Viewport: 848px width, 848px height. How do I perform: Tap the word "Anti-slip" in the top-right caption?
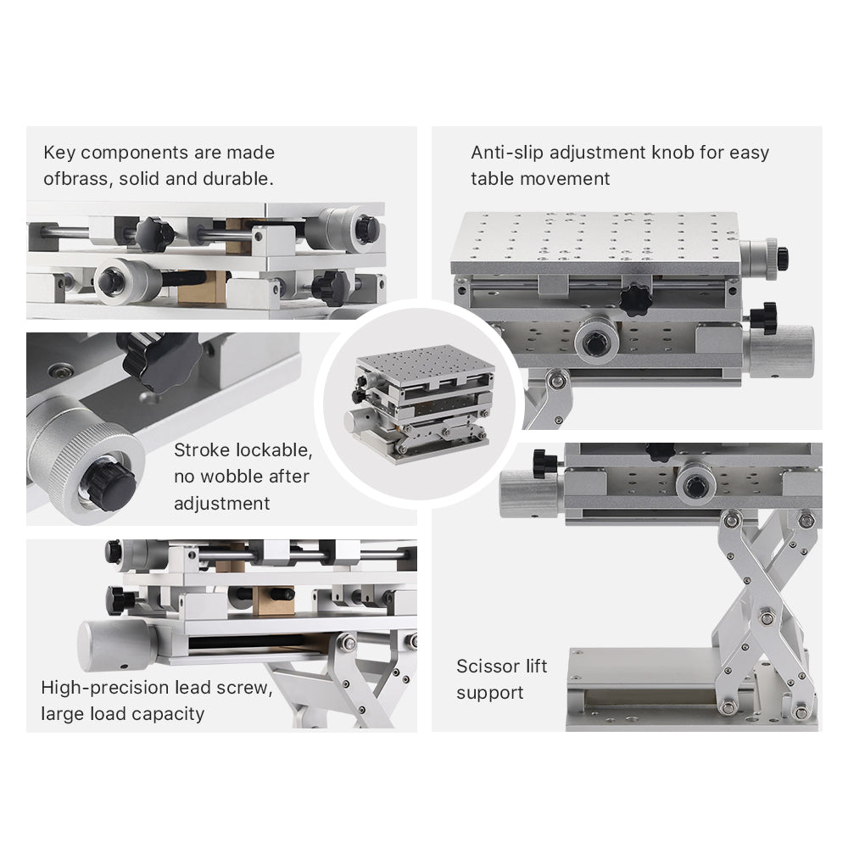pyautogui.click(x=506, y=153)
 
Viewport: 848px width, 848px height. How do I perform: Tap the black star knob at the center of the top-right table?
pyautogui.click(x=634, y=298)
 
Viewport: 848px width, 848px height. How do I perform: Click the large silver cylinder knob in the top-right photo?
pyautogui.click(x=778, y=350)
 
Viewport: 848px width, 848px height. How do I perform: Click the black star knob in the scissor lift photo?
pyautogui.click(x=544, y=464)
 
